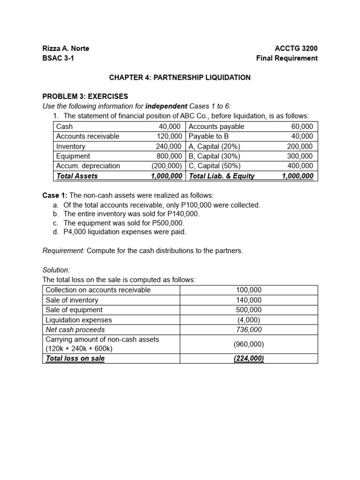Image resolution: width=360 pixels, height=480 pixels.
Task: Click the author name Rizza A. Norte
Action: [66, 48]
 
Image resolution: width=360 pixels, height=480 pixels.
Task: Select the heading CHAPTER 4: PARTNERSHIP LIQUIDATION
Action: [180, 77]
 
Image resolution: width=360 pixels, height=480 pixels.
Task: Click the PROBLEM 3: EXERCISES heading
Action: [85, 97]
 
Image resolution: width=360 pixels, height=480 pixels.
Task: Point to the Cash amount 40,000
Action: [171, 127]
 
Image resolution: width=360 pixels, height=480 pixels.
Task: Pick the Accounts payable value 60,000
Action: [302, 127]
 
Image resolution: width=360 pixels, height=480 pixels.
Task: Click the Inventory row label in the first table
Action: [71, 146]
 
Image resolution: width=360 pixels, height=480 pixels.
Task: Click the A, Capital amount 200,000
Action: [300, 146]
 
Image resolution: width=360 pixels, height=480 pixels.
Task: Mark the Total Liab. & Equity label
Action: [221, 176]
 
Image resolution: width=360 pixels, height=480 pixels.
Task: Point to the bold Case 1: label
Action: [55, 195]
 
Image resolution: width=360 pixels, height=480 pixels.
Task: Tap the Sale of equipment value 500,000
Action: [249, 310]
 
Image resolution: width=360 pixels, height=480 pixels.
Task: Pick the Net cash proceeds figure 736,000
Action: [249, 330]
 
